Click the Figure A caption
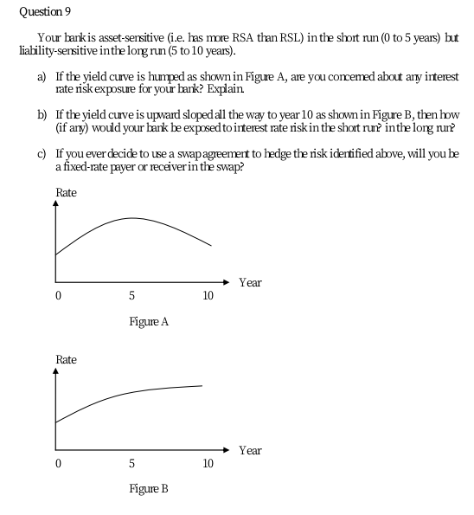[148, 322]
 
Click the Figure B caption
[148, 489]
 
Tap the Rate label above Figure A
[66, 192]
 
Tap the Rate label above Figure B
[66, 359]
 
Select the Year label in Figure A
[250, 283]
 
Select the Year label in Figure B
[250, 451]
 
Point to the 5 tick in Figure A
[131, 296]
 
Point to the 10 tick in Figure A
[208, 296]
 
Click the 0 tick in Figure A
[57, 296]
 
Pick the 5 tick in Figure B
[131, 463]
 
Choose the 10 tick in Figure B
[208, 463]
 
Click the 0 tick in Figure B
[57, 463]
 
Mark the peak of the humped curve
[132, 218]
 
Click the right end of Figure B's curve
[202, 385]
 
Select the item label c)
[41, 152]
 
